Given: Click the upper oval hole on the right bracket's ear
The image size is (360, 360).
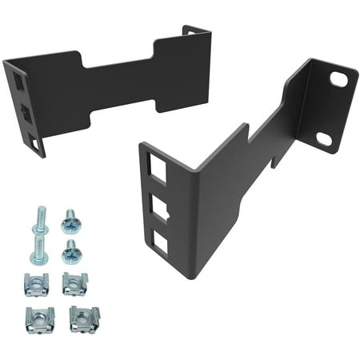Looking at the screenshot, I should [339, 80].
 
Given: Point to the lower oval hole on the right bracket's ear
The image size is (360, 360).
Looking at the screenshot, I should [324, 138].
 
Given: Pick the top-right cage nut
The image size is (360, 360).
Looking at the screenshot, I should [74, 282].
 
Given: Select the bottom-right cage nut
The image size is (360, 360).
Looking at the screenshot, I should [82, 318].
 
